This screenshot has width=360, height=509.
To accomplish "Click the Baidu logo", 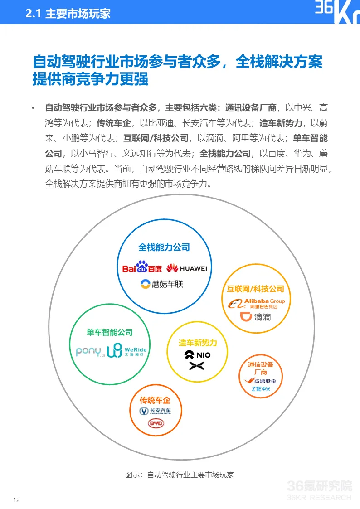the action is pos(142,267).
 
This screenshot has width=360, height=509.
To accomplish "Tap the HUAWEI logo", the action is pos(186,268).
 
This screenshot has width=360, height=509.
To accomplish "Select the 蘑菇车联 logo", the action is pos(162,284).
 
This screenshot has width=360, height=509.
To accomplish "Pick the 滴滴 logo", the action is pos(255,316).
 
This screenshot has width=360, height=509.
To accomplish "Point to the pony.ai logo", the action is pos(89,351).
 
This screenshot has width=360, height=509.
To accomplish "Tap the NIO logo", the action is pos(197,355).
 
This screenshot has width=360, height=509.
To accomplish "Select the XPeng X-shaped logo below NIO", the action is pos(197,366).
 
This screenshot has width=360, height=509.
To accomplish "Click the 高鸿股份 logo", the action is pos(261,380).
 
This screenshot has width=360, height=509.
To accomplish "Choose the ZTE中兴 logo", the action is pos(260,389).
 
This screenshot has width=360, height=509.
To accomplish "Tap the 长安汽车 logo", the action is pos(155,411).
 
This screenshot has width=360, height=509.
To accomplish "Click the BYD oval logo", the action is pos(156,423).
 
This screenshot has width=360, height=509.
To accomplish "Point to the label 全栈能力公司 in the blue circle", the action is pos(164,247).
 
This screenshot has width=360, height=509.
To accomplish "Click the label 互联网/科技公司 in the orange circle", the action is pos(255,289).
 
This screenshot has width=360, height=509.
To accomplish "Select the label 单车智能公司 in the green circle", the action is pos(109,332).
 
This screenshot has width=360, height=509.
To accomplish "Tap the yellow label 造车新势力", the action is pos(198,343).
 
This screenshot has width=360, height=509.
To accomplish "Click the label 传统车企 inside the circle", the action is pos(155,400).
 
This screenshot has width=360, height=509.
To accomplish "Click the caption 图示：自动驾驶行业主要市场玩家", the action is pos(180,475).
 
